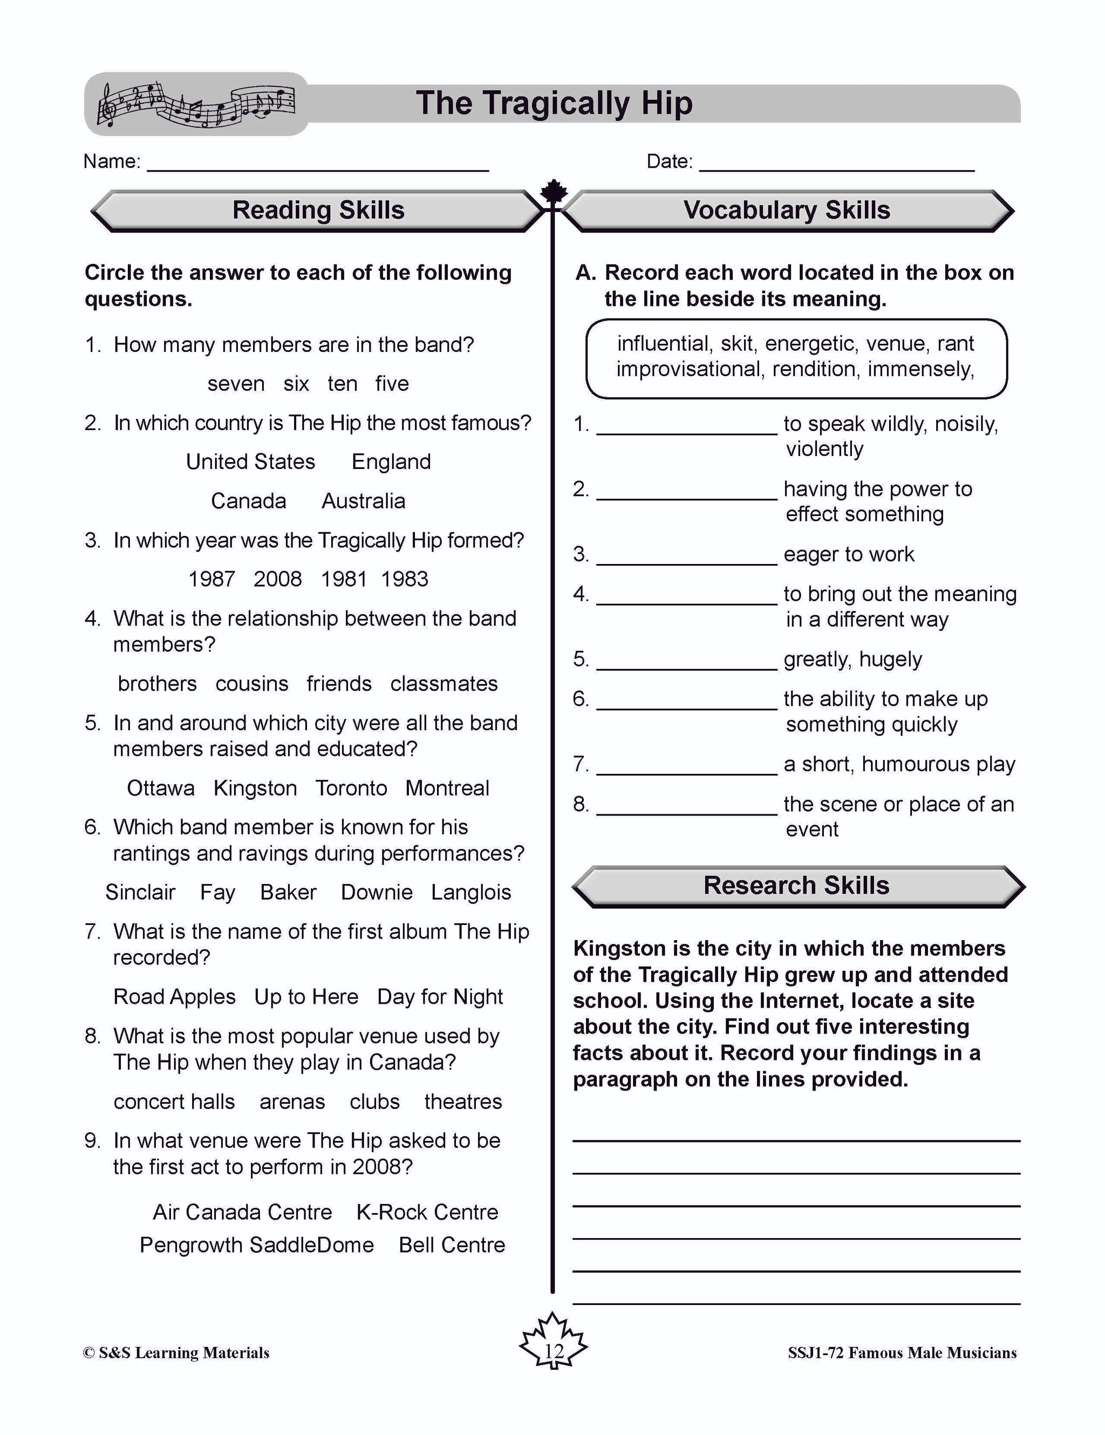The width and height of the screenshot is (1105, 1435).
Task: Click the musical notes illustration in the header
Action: pos(196,104)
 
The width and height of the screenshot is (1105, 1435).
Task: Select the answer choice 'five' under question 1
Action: pos(392,383)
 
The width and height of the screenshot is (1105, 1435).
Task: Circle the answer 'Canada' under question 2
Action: pos(248,501)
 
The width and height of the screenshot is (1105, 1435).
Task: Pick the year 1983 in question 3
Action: pos(404,579)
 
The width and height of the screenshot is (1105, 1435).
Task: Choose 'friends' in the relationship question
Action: pos(339,683)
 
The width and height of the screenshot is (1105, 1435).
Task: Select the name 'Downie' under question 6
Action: pos(377,892)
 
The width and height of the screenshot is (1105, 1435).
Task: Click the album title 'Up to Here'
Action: pos(306,997)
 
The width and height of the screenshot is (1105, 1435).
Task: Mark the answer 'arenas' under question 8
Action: pos(292,1101)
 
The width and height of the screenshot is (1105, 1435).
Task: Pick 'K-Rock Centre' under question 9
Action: pos(427,1212)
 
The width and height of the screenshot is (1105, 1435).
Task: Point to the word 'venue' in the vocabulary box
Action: pos(893,344)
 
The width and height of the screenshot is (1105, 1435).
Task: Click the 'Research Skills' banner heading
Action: pos(796,886)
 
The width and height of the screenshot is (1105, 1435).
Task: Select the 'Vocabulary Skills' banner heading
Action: pos(786,210)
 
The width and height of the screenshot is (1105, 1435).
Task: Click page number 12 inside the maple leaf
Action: pos(553,1351)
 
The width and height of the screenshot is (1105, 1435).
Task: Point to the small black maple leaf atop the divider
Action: pos(553,191)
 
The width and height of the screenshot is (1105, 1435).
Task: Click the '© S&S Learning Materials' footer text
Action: pos(176,1353)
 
